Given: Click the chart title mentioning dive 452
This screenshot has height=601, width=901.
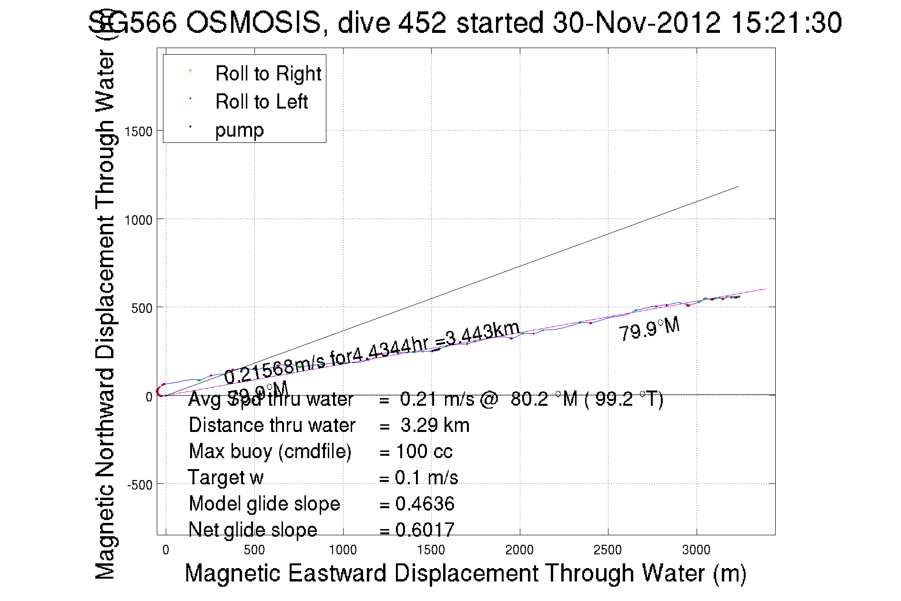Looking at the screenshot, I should [465, 22].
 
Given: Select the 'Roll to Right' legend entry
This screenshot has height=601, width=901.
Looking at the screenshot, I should [268, 74].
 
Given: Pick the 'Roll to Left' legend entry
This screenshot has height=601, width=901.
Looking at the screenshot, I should [261, 102].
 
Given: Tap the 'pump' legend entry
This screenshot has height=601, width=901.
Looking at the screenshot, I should [239, 130].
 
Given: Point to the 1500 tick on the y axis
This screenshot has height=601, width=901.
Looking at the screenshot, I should [139, 131].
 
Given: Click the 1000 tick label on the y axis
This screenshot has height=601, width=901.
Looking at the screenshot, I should [139, 220].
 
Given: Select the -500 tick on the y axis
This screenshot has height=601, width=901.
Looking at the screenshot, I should [140, 485].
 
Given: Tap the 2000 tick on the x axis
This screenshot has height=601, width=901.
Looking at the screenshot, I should [519, 550].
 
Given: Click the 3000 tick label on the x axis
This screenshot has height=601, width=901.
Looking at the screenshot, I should [696, 550].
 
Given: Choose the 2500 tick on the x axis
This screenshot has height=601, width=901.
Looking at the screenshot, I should [607, 550].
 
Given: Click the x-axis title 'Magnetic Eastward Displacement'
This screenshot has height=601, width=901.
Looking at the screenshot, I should [465, 573].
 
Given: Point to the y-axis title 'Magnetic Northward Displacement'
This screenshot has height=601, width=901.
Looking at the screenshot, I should [105, 314].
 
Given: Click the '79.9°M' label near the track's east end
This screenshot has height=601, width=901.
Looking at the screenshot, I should [649, 329].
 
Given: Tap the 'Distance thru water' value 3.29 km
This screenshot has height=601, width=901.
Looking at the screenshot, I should [435, 425].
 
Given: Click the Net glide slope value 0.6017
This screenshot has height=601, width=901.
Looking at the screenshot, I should [425, 530].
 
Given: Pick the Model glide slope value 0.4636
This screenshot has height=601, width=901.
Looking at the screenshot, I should [425, 504].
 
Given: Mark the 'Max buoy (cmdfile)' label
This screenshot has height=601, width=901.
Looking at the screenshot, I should [270, 451].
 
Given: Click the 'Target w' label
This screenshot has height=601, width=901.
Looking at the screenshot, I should [225, 478].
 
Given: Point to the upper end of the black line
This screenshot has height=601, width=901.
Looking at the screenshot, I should [738, 187].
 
